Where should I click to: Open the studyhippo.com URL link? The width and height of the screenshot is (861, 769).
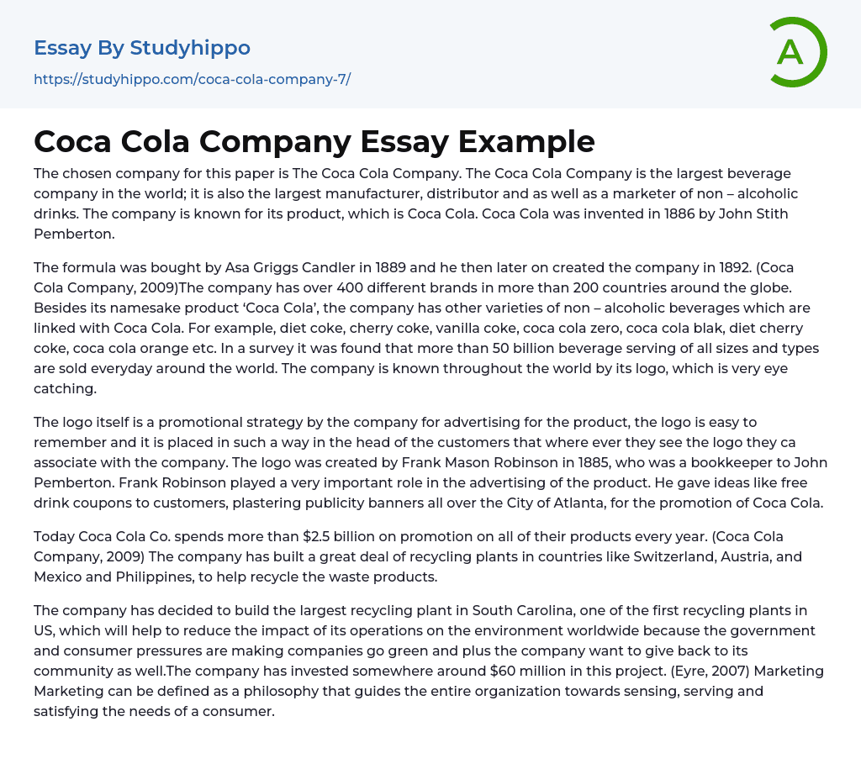(x=192, y=80)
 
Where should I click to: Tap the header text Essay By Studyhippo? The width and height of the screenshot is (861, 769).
(x=142, y=48)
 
